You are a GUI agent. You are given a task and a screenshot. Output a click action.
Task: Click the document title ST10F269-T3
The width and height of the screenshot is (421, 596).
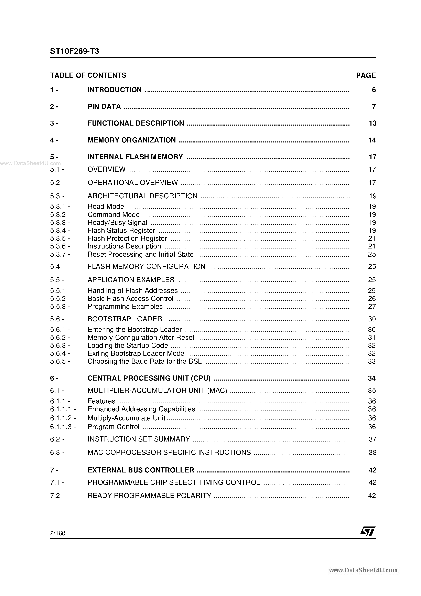[75, 51]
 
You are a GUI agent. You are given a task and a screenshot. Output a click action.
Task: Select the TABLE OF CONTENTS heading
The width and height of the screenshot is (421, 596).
[88, 75]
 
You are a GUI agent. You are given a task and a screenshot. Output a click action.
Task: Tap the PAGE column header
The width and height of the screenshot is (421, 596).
[366, 75]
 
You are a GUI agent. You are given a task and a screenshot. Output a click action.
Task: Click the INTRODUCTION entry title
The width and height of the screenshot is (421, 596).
[115, 90]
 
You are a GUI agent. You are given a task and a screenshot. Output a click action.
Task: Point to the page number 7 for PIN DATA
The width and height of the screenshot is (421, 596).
[374, 106]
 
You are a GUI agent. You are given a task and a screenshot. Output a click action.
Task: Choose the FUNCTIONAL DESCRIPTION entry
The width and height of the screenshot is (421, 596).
[136, 123]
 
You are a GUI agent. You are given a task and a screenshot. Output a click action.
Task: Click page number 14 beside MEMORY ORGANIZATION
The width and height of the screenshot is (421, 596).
[372, 140]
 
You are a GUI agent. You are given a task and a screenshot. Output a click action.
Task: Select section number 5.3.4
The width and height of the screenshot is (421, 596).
[60, 231]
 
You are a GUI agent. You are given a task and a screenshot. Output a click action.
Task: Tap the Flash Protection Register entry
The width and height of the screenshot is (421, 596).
[127, 238]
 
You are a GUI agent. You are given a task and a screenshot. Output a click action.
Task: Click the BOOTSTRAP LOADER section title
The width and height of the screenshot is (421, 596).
[125, 319]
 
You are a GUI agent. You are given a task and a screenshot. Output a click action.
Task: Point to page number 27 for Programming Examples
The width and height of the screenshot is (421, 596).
[372, 307]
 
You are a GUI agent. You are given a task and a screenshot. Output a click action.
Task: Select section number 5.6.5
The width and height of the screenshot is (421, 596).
[60, 361]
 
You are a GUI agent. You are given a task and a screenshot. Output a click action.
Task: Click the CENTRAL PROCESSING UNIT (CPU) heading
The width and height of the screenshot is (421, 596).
[149, 378]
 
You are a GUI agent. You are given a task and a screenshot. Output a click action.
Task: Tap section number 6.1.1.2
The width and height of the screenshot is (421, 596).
[63, 418]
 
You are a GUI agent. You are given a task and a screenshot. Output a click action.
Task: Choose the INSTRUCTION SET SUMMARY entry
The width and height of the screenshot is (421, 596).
[139, 439]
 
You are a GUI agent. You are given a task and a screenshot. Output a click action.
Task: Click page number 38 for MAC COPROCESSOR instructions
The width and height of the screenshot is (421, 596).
[373, 453]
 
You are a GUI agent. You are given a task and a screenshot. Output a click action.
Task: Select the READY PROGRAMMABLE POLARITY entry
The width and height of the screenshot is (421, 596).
[149, 496]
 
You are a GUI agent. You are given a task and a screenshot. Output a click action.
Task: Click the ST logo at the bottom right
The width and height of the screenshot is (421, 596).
[368, 531]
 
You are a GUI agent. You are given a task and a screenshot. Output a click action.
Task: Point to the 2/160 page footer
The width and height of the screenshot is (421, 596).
[58, 533]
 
